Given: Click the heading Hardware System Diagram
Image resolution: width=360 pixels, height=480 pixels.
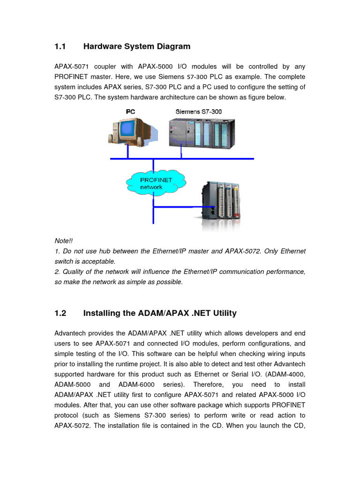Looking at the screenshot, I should [x=137, y=46].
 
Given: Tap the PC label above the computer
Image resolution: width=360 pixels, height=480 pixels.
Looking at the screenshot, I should [x=130, y=112].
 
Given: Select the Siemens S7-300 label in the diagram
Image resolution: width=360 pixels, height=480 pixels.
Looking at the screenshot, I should [x=198, y=112].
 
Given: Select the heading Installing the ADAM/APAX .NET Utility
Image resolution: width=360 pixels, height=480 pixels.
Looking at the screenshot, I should [x=160, y=313].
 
